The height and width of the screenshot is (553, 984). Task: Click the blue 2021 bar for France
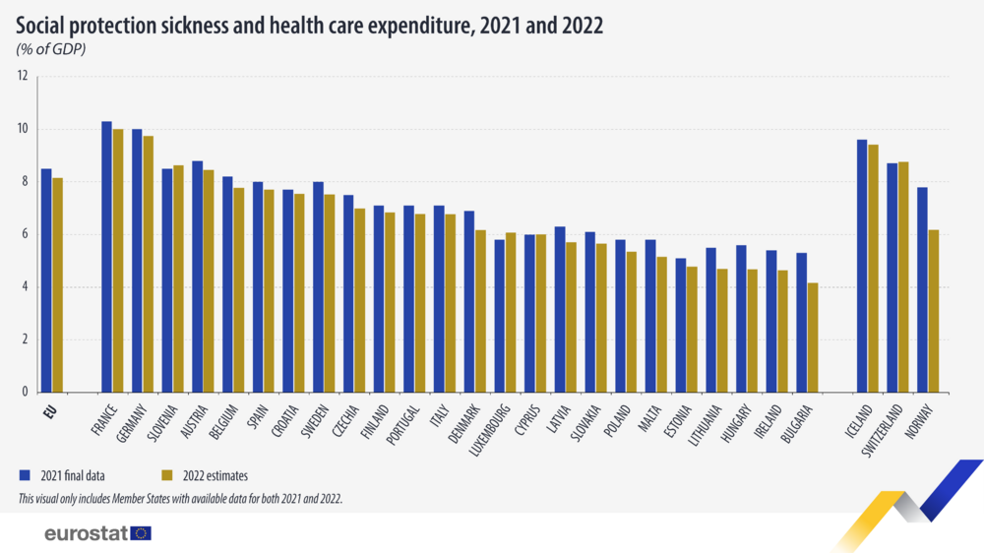point(106,256)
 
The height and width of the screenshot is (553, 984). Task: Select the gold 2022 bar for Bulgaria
point(813,338)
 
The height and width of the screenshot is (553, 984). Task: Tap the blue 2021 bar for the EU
point(46,280)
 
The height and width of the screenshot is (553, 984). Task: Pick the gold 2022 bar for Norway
point(934,311)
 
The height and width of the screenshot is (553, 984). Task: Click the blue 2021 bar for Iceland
point(862,266)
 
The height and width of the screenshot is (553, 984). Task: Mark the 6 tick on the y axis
point(23,234)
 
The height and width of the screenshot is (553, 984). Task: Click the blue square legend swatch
point(24,475)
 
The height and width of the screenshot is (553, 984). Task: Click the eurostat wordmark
point(86,533)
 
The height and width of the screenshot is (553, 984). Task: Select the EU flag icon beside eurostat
point(142,533)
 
